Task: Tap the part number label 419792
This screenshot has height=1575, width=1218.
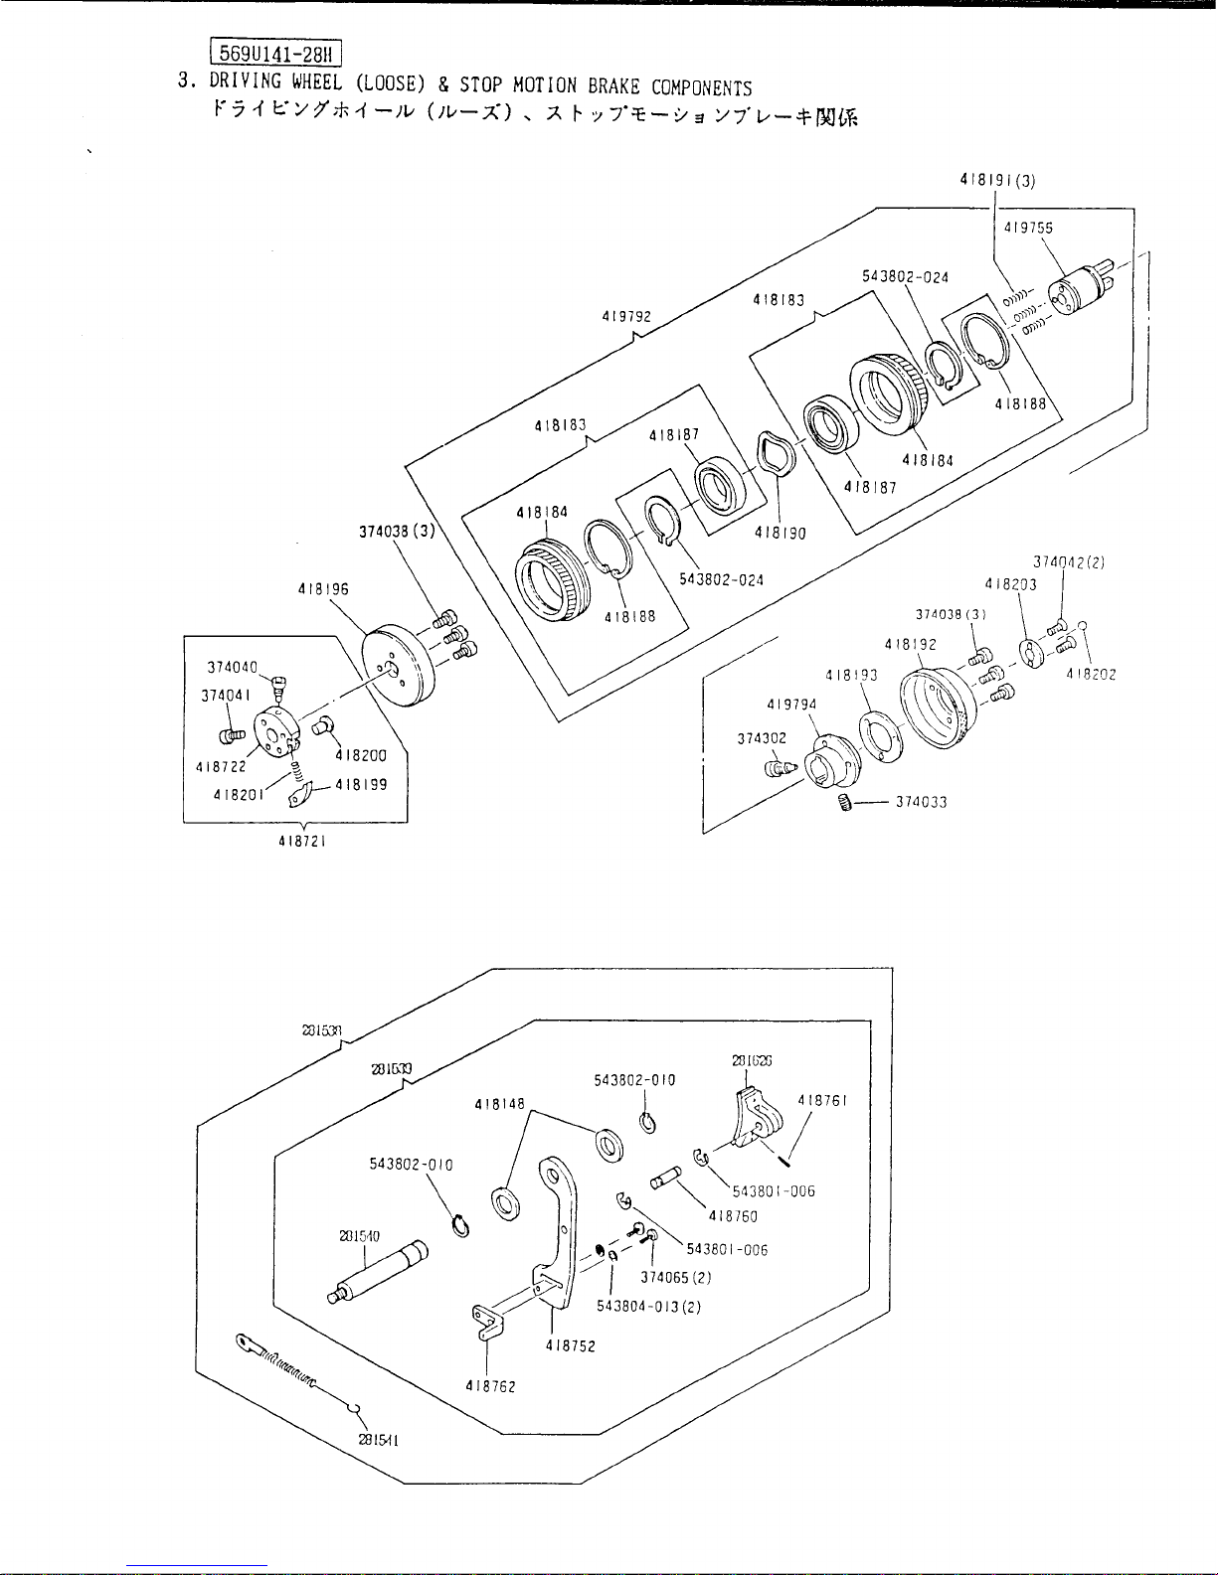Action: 626,317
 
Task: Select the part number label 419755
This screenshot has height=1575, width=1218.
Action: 1028,228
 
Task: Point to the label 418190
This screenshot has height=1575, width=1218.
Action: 780,533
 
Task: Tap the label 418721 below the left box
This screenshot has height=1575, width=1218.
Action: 303,841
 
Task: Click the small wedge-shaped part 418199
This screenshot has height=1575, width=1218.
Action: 300,794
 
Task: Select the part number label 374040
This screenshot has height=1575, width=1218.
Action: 233,667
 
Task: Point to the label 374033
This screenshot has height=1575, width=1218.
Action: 921,803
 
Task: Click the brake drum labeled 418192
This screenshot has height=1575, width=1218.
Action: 934,702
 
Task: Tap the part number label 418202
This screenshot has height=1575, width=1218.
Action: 1091,674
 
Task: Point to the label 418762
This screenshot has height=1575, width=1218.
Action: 490,1385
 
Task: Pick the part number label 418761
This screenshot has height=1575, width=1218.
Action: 821,1101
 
